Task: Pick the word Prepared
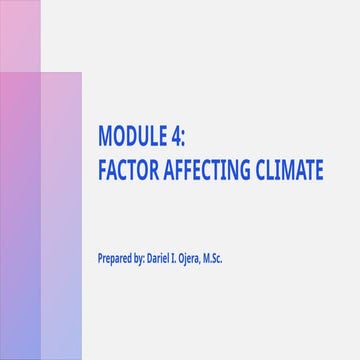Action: click(115, 258)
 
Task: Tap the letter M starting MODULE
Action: click(104, 135)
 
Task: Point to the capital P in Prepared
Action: click(100, 258)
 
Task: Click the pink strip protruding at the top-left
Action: click(20, 36)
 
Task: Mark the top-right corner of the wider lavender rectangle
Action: click(81, 73)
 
